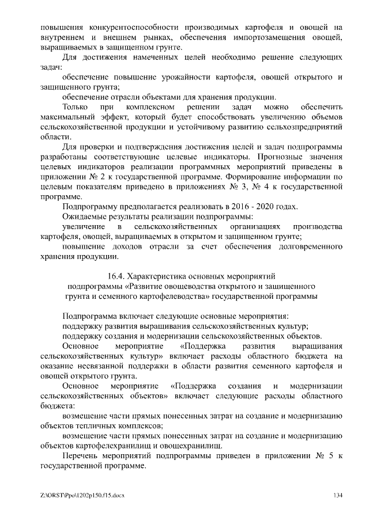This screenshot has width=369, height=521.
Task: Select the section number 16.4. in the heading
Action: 116,275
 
